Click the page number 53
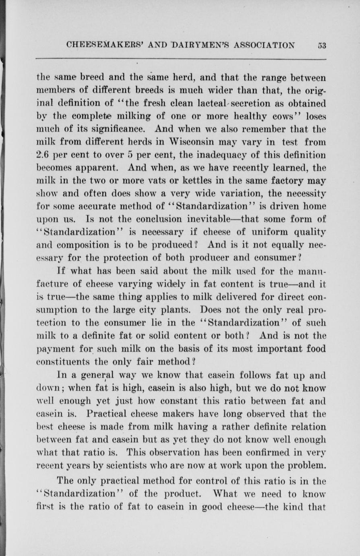click(321, 45)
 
